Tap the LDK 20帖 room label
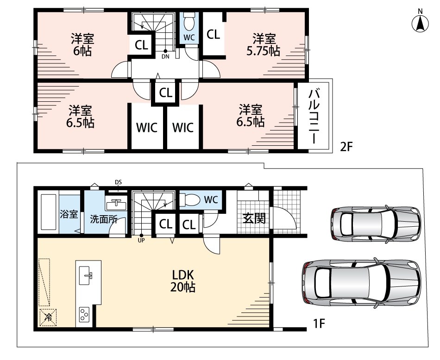[183, 281]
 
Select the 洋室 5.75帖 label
[263, 45]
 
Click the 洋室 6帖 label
[82, 45]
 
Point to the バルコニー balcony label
[314, 116]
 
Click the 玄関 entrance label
[254, 218]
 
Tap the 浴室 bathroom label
[69, 214]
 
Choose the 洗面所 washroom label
[104, 219]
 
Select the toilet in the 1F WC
[190, 199]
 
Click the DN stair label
[165, 56]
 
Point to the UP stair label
[141, 240]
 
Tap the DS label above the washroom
[118, 182]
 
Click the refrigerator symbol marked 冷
[48, 317]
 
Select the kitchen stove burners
[84, 314]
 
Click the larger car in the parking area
[361, 283]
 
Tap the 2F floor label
[346, 147]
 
